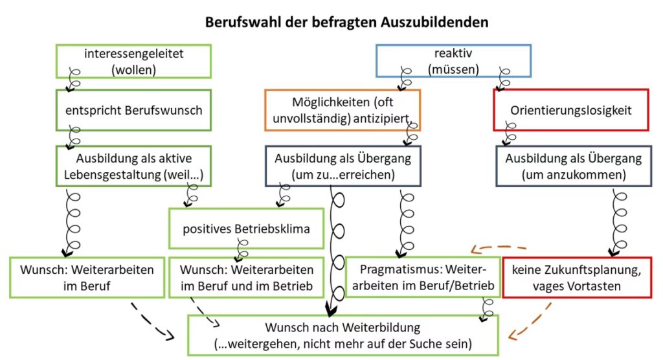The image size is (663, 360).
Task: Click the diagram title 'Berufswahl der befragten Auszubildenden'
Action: tap(346, 22)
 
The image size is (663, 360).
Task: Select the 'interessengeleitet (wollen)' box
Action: tap(133, 62)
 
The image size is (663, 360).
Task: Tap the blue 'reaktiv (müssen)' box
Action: tap(453, 62)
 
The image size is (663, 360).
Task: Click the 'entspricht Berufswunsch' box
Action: tap(133, 110)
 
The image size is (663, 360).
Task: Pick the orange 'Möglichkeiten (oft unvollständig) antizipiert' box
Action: tap(343, 110)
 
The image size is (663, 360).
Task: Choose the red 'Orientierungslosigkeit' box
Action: tap(572, 110)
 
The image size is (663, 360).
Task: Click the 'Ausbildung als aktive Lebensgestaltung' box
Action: tap(133, 166)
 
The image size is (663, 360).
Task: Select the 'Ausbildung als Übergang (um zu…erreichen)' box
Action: tap(343, 166)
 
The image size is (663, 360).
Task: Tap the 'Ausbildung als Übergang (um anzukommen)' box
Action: tap(574, 166)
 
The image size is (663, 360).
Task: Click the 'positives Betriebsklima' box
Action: tap(245, 228)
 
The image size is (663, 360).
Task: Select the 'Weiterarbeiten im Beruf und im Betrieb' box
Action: tap(247, 277)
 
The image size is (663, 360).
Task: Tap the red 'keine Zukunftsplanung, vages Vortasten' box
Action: tap(577, 277)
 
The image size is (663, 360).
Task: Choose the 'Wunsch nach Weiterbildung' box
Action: tap(343, 334)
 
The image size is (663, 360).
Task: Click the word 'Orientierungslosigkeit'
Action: tap(570, 110)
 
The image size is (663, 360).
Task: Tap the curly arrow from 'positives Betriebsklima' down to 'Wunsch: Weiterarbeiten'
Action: tap(243, 249)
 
